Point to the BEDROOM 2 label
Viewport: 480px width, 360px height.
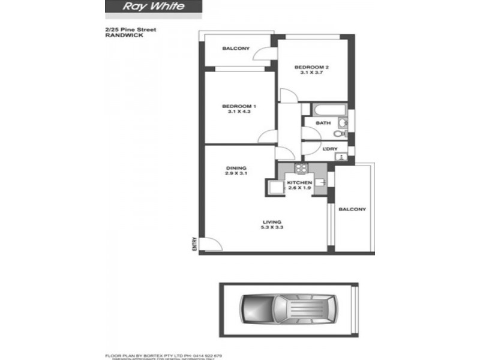[311, 67]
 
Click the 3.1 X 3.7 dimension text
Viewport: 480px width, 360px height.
[311, 73]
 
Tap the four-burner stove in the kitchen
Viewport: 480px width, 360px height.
[301, 169]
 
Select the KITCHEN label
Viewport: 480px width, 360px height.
[298, 182]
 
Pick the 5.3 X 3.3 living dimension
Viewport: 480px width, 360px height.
[271, 227]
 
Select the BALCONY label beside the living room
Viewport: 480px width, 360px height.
[352, 209]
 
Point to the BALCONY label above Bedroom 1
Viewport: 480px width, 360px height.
[235, 49]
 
